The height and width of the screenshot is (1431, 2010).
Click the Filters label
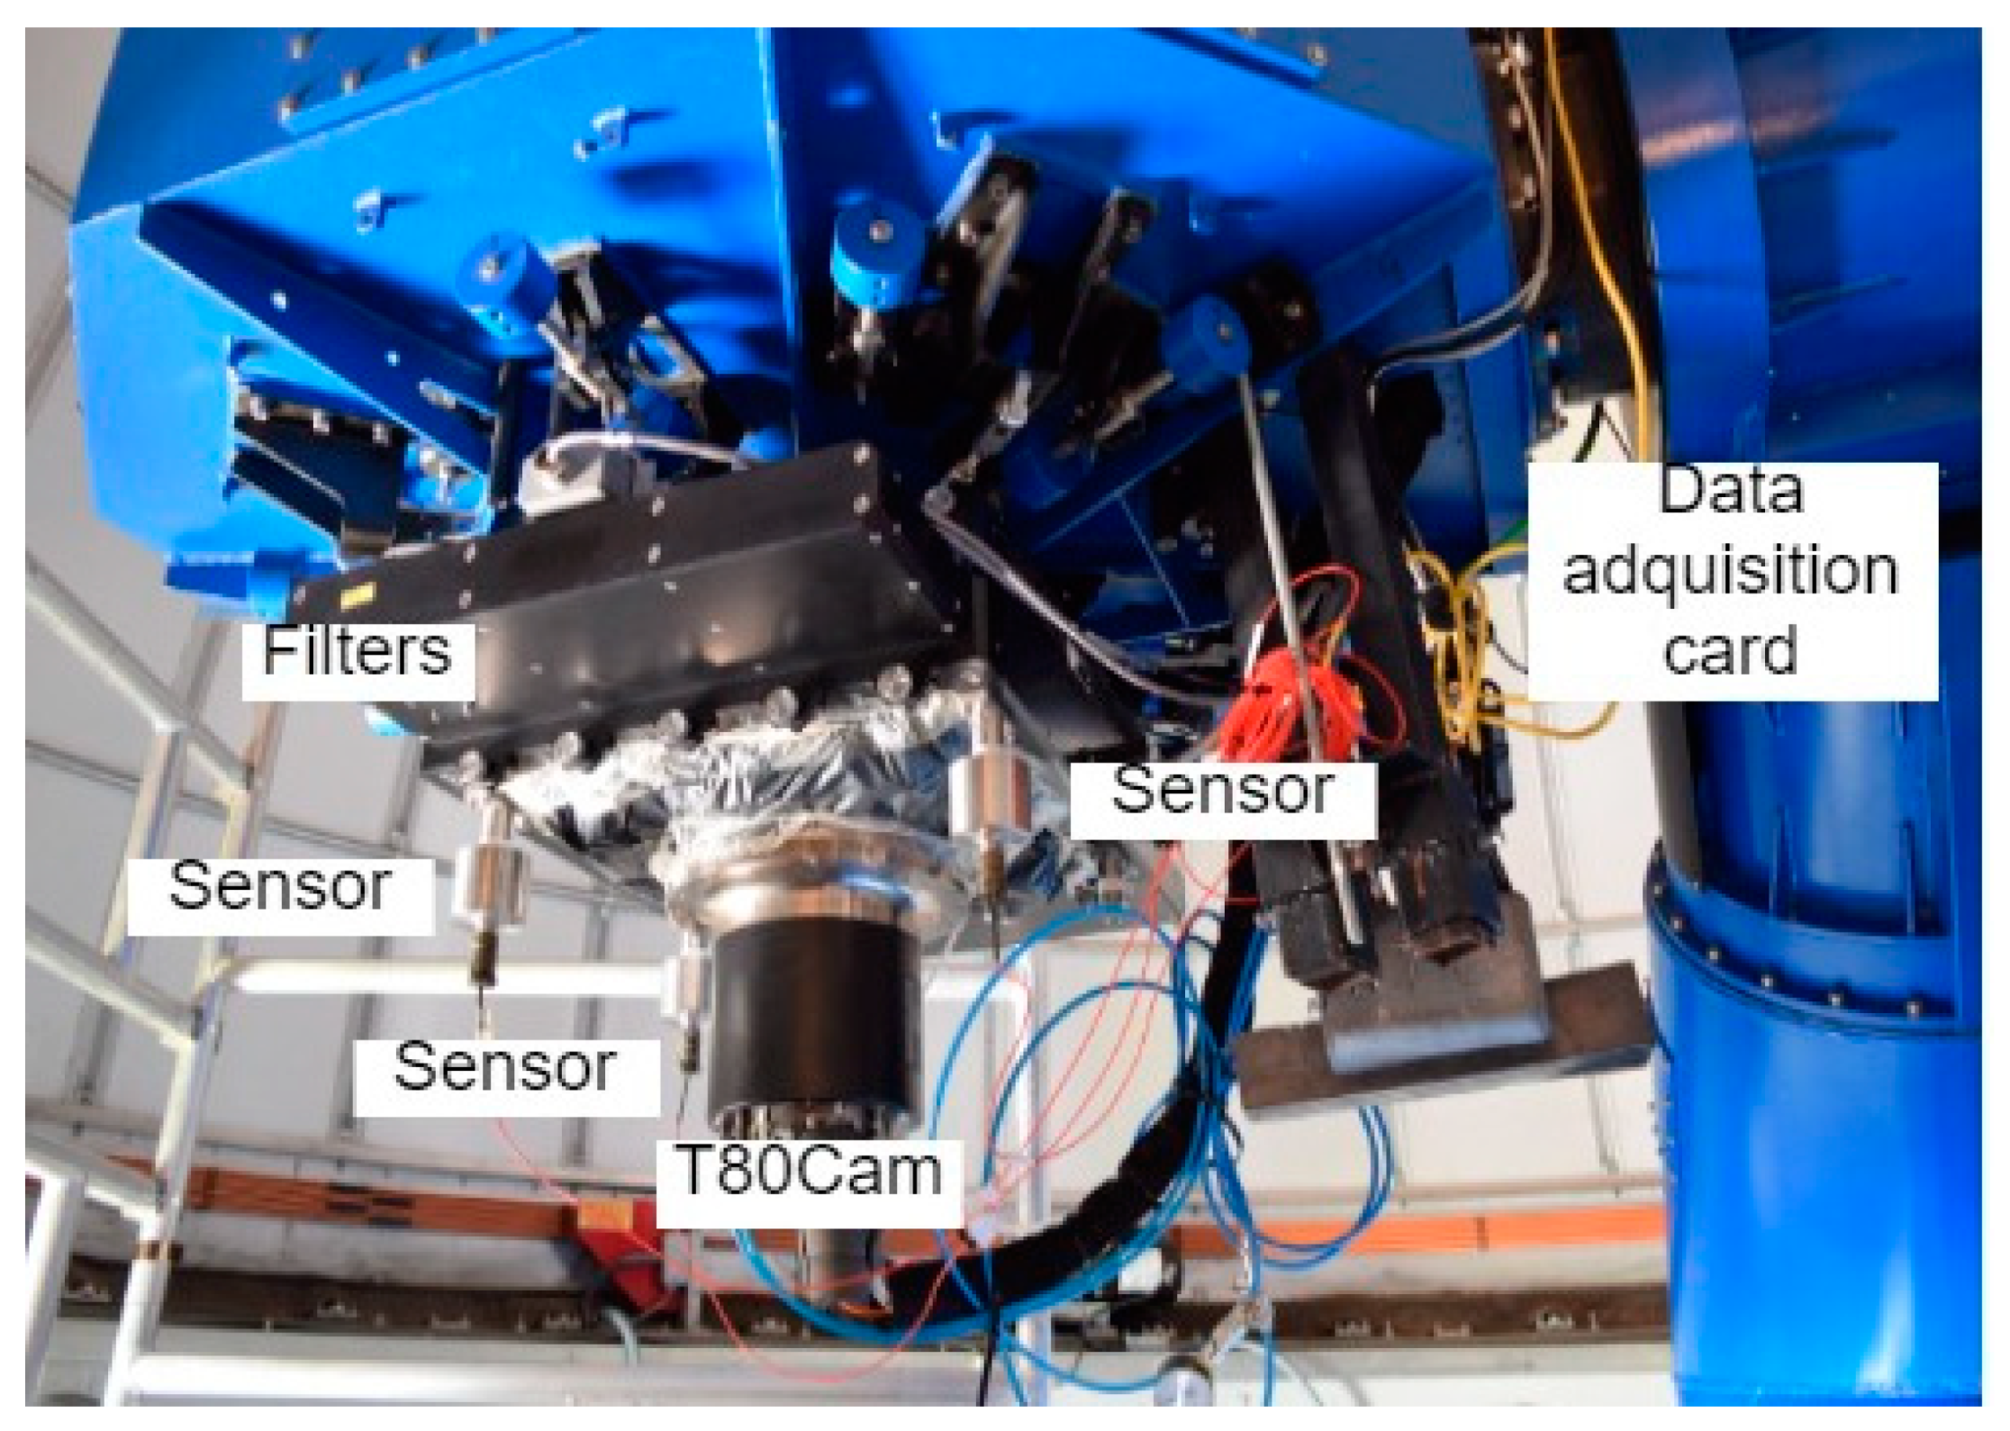357,651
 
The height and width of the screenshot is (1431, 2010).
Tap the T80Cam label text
810,1172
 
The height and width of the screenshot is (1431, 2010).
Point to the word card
1730,650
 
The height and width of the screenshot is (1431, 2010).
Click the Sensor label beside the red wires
1223,790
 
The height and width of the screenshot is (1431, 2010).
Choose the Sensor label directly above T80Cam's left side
505,1067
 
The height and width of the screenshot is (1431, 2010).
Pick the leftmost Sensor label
280,886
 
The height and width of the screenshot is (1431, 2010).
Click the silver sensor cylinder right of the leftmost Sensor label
492,883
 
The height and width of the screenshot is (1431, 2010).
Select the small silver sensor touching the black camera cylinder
687,991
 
